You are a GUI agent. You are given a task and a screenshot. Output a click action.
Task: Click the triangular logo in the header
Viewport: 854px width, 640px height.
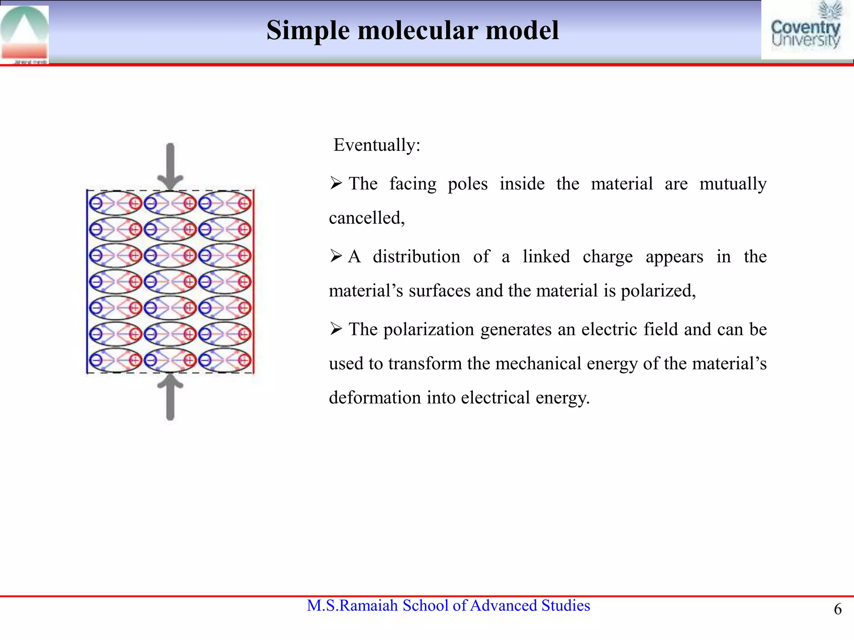(x=24, y=33)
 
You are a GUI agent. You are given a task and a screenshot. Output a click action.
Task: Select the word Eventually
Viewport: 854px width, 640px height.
(x=377, y=145)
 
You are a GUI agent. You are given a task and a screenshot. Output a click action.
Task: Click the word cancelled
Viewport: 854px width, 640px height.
(x=367, y=218)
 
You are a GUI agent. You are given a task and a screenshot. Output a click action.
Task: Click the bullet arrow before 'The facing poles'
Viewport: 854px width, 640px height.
(x=336, y=183)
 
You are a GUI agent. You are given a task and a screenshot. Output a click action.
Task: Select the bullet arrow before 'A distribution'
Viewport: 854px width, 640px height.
(x=336, y=256)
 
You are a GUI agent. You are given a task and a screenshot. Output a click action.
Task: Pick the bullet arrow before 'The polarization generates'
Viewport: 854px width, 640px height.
(x=336, y=329)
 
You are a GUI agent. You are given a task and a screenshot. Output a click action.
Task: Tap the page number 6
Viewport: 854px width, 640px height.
(x=837, y=609)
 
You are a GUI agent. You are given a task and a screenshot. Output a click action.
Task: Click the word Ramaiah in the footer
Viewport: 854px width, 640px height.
(x=369, y=605)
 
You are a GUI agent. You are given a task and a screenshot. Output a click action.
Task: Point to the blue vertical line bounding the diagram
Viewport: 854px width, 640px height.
(x=87, y=281)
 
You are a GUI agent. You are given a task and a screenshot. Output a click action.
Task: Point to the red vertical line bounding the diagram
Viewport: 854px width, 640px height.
(x=254, y=281)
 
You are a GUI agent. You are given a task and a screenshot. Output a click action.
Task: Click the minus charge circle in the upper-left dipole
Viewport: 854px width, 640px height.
(x=96, y=203)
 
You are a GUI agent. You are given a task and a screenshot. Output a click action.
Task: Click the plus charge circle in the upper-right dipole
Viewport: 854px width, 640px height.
(x=244, y=203)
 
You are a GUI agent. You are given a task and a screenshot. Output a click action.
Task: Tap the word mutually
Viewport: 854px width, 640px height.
(x=733, y=184)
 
